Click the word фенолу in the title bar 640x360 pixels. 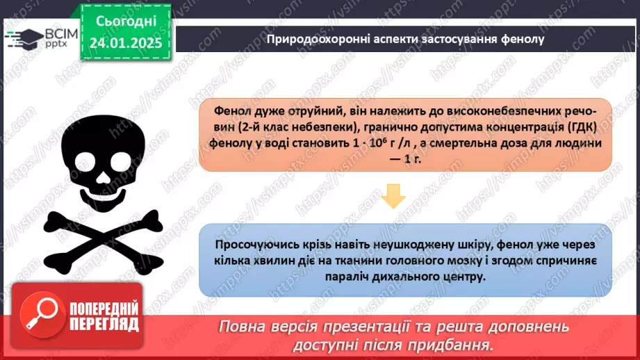pyautogui.click(x=519, y=40)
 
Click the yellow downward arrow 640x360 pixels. pyautogui.click(x=394, y=197)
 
